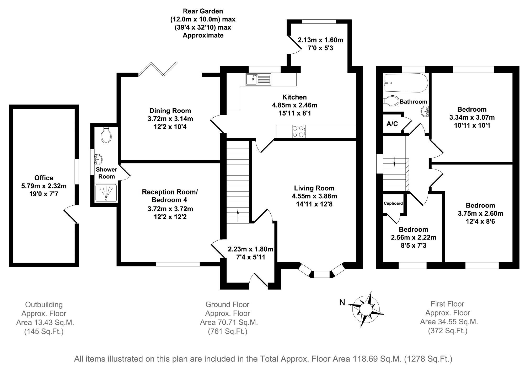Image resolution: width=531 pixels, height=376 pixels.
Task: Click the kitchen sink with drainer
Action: pos(258,79)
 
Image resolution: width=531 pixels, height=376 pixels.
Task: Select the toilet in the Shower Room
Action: pos(106,135)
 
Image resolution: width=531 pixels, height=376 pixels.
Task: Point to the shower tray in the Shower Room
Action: pos(106,193)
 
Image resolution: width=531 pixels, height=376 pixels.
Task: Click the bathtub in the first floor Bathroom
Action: pos(405,83)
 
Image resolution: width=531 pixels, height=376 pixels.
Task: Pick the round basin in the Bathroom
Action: pos(425,112)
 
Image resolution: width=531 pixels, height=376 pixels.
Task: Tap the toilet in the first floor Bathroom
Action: pos(391,101)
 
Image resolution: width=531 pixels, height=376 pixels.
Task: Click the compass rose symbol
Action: pos(365,309)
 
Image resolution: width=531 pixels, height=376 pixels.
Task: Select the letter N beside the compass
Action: pos(342,302)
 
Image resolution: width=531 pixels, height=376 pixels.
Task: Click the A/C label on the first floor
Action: pos(392,124)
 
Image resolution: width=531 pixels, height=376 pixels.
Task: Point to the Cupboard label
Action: pos(393,203)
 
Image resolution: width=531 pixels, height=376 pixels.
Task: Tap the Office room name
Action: pos(44,178)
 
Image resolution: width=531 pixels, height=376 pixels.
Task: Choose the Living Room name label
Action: pos(314,188)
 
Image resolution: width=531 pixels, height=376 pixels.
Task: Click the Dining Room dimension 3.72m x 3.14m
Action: pos(170,119)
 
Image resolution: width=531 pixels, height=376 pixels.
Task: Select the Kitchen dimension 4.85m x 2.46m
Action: pos(294,105)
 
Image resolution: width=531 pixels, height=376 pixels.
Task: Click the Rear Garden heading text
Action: pos(203,11)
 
